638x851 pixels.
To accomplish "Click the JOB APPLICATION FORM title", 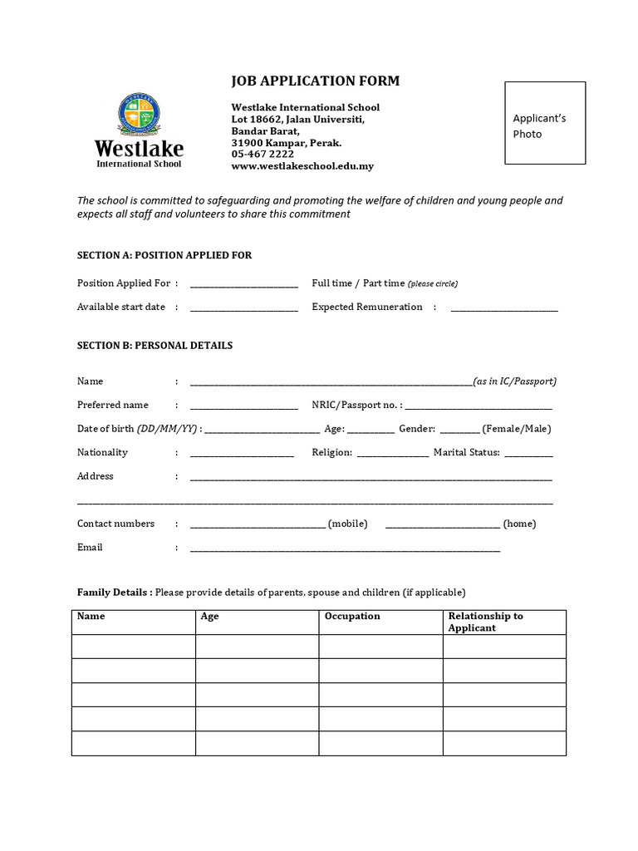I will (315, 81).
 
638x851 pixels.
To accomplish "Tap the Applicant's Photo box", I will (545, 123).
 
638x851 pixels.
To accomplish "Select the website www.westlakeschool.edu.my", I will (302, 166).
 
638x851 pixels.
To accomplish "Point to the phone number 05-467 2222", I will (263, 155).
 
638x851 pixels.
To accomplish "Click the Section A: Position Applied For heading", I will (164, 255).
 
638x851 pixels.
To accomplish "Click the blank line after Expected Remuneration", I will (504, 308).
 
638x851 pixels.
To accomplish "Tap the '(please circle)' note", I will (433, 284).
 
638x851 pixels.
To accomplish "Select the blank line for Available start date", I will (243, 308).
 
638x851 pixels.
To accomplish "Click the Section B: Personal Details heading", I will (155, 345).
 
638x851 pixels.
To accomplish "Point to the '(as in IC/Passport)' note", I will (514, 381).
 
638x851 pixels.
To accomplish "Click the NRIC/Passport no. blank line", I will (478, 406).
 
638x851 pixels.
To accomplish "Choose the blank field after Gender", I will (459, 430).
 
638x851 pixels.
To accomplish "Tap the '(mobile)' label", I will (348, 524).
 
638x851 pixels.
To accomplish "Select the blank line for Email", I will (345, 549).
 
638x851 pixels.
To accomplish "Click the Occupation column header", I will (352, 617).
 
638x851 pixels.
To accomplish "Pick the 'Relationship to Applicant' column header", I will (485, 622).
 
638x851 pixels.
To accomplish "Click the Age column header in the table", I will (209, 617).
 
